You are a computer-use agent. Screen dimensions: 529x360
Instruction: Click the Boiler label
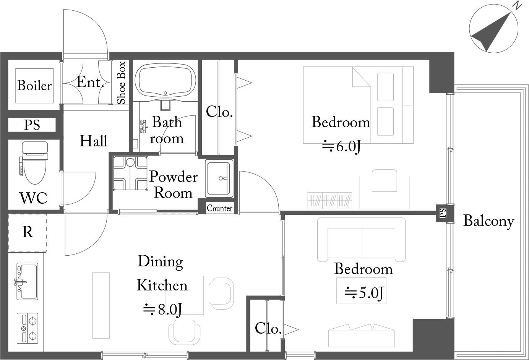[x=34, y=86]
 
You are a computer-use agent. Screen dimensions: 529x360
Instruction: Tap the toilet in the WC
[x=34, y=163]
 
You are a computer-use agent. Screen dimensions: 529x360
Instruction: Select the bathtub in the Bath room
[x=165, y=81]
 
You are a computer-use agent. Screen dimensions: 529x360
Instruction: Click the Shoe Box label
[x=122, y=83]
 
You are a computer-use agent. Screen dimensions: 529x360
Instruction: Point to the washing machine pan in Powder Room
[x=130, y=173]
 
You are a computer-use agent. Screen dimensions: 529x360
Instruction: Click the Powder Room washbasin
[x=219, y=178]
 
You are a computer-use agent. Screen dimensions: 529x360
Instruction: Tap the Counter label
[x=219, y=208]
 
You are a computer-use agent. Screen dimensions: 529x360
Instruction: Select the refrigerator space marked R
[x=28, y=232]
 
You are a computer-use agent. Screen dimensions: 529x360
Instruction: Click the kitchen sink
[x=27, y=281]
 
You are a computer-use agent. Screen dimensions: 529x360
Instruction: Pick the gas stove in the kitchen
[x=28, y=328]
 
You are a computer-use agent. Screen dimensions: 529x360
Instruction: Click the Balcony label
[x=488, y=221]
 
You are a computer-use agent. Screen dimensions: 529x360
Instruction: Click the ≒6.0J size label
[x=341, y=146]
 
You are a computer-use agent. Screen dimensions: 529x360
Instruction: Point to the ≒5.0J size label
[x=364, y=293]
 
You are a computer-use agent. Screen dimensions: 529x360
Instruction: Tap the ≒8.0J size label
[x=163, y=309]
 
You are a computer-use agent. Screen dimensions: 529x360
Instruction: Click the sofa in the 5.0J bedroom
[x=361, y=240]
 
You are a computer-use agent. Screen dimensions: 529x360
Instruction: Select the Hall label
[x=94, y=141]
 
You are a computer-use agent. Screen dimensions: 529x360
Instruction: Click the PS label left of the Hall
[x=32, y=125]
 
